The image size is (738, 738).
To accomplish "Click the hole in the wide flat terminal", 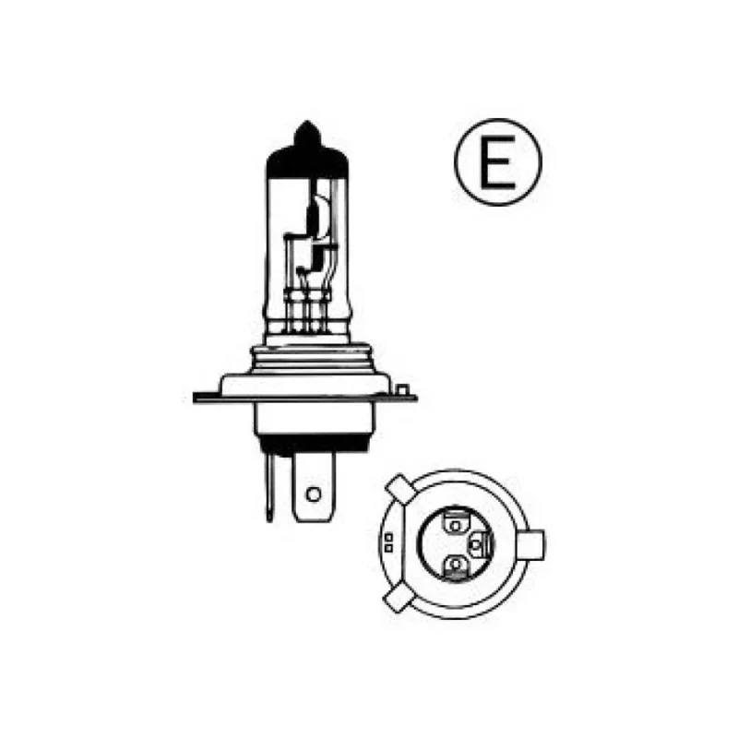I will (314, 494).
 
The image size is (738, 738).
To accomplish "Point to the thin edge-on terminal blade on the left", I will (269, 484).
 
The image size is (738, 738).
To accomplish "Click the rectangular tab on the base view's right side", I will (537, 545).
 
